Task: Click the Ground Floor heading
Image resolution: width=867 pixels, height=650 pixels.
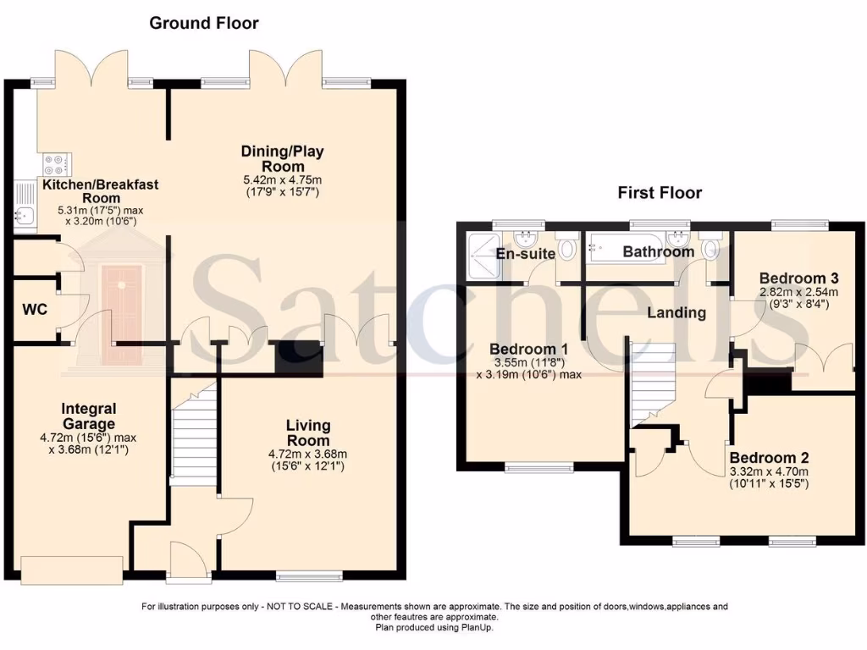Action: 204,23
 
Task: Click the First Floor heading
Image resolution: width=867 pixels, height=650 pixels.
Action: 660,193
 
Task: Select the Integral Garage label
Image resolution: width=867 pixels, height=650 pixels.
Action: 89,416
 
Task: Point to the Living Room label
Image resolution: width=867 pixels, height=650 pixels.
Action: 308,433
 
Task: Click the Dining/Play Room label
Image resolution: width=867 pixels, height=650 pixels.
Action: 282,158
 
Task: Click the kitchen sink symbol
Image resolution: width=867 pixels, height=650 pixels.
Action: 23,217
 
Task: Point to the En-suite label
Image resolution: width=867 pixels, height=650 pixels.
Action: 525,253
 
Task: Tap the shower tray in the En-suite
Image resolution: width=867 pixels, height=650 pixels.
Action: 479,254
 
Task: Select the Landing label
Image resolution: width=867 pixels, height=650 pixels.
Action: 676,312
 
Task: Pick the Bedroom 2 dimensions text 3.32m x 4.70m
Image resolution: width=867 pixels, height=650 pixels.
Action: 769,472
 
